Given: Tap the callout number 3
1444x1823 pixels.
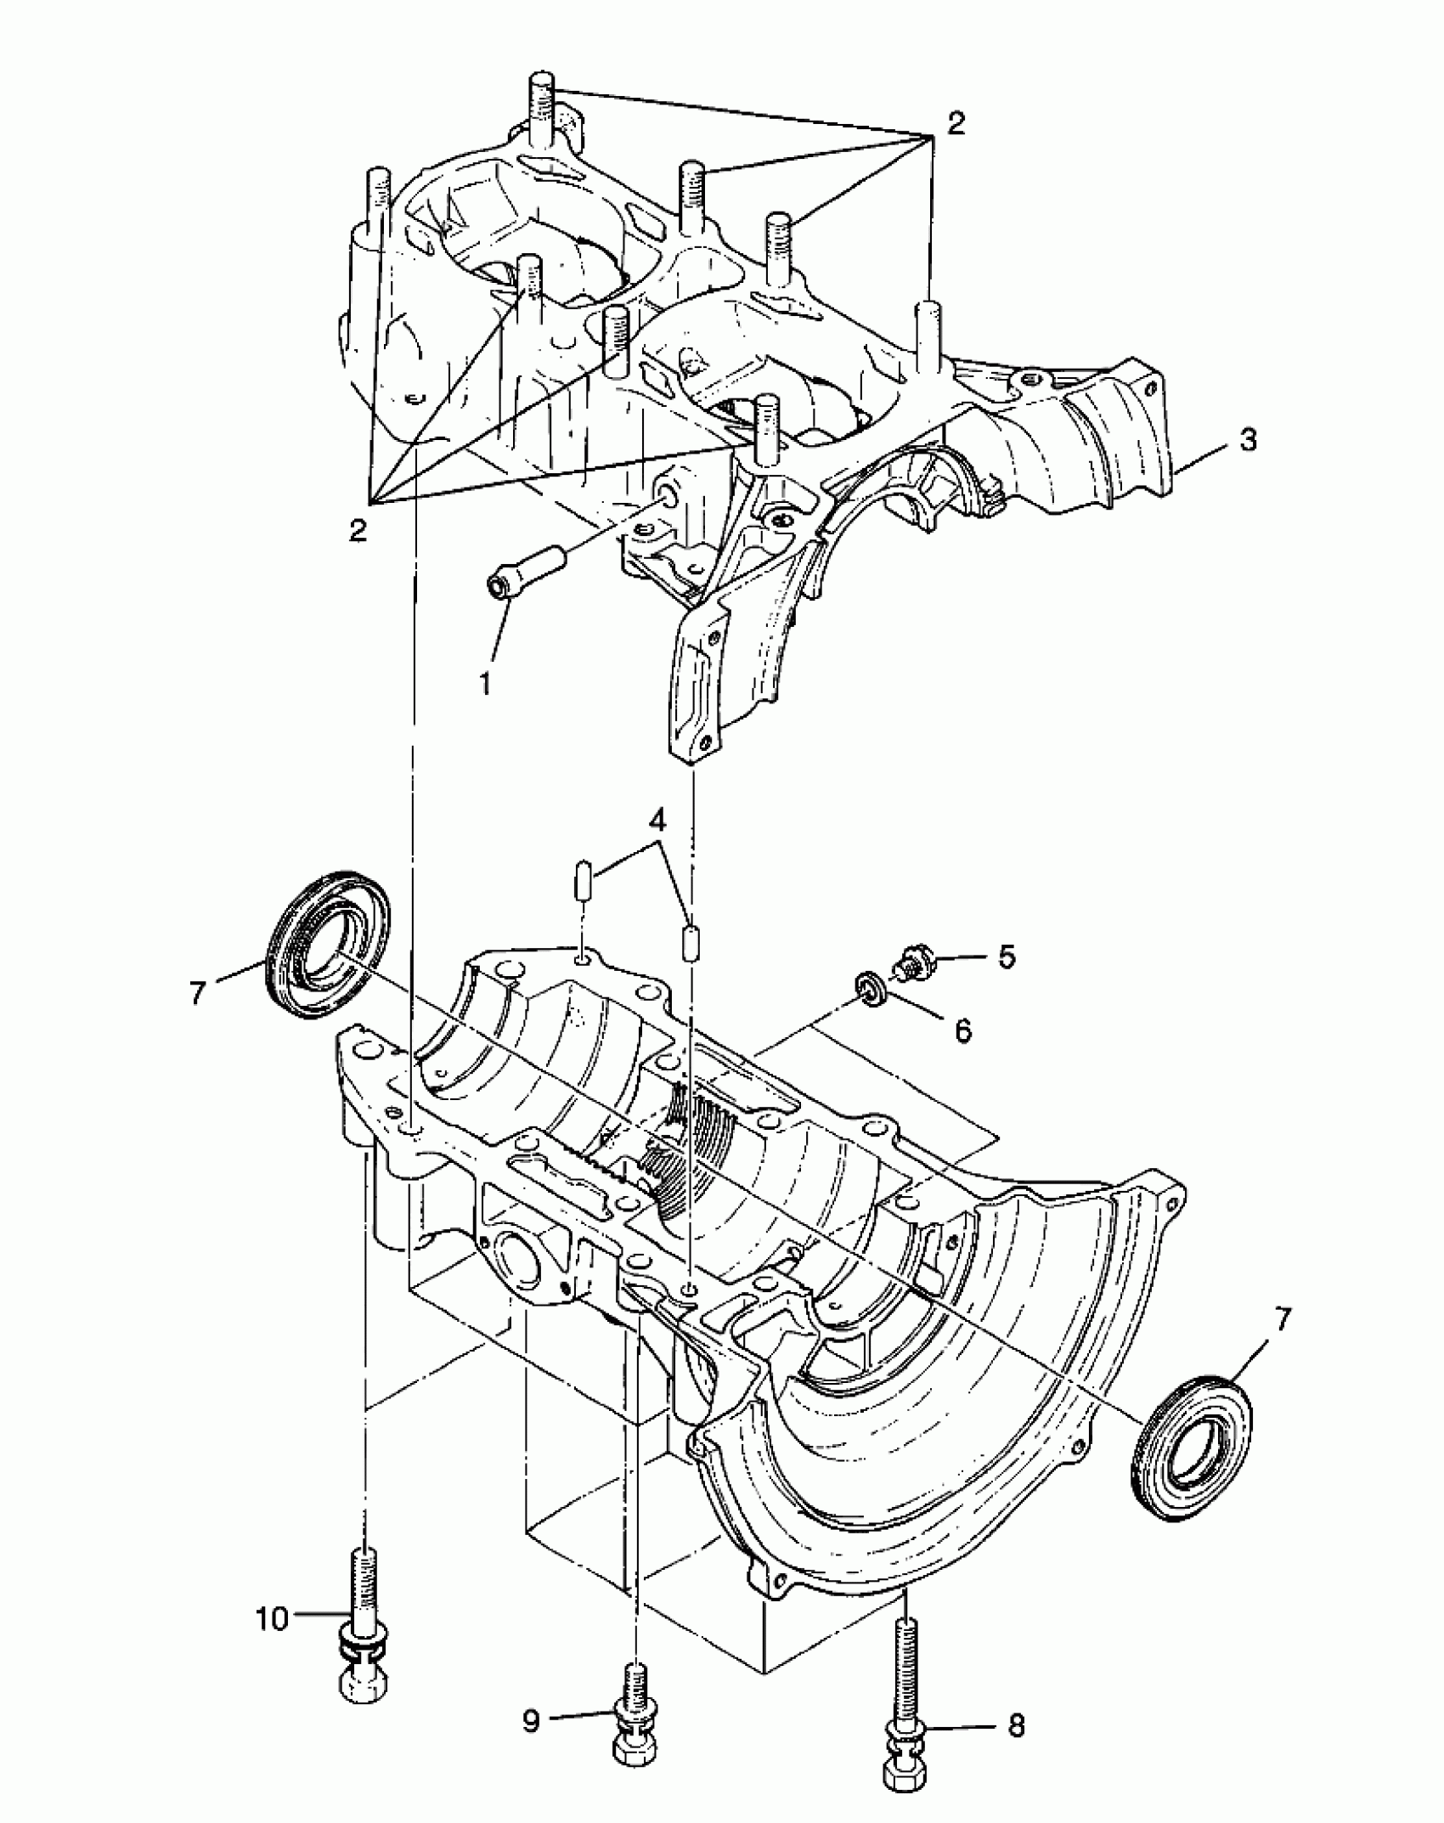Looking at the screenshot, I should pyautogui.click(x=1247, y=441).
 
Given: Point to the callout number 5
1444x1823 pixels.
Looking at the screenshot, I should pyautogui.click(x=1006, y=957).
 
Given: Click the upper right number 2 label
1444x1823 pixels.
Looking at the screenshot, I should pyautogui.click(x=956, y=123).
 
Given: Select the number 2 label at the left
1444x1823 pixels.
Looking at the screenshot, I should pyautogui.click(x=358, y=531).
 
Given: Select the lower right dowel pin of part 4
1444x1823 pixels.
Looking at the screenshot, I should pyautogui.click(x=691, y=942).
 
